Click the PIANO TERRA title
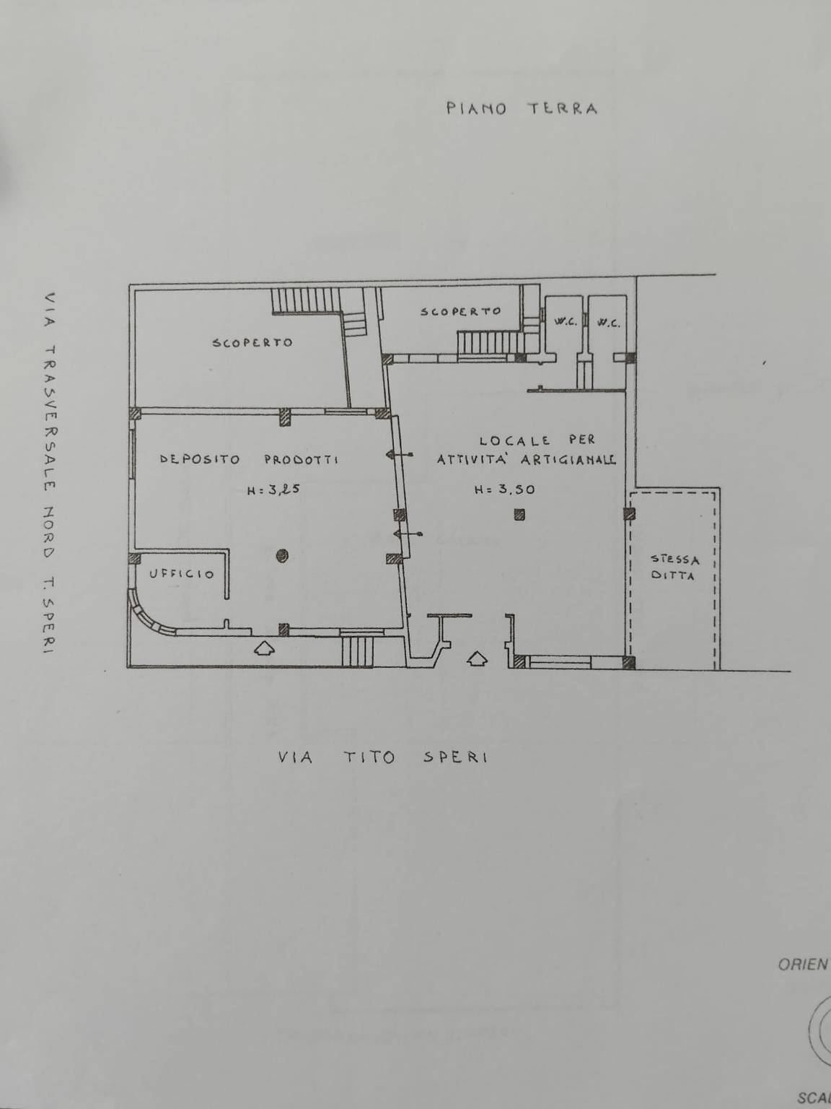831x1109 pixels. pos(522,108)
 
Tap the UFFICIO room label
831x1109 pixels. pos(182,574)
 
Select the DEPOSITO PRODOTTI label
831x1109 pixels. pos(250,459)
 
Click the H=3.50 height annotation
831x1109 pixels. pos(505,489)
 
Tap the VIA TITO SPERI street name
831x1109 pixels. pos(383,757)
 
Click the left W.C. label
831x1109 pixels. pos(566,322)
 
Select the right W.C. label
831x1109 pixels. pos(608,323)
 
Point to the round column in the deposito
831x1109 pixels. pos(283,556)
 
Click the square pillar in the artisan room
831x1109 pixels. pos(519,515)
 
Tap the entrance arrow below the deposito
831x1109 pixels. pos(264,648)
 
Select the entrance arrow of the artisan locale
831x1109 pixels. pos(478,658)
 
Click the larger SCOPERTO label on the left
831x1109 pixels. pos(252,342)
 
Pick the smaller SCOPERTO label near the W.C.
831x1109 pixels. pos(461,311)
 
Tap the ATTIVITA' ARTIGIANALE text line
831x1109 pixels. pos(527,460)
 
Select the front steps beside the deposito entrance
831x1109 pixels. pos(357,652)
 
